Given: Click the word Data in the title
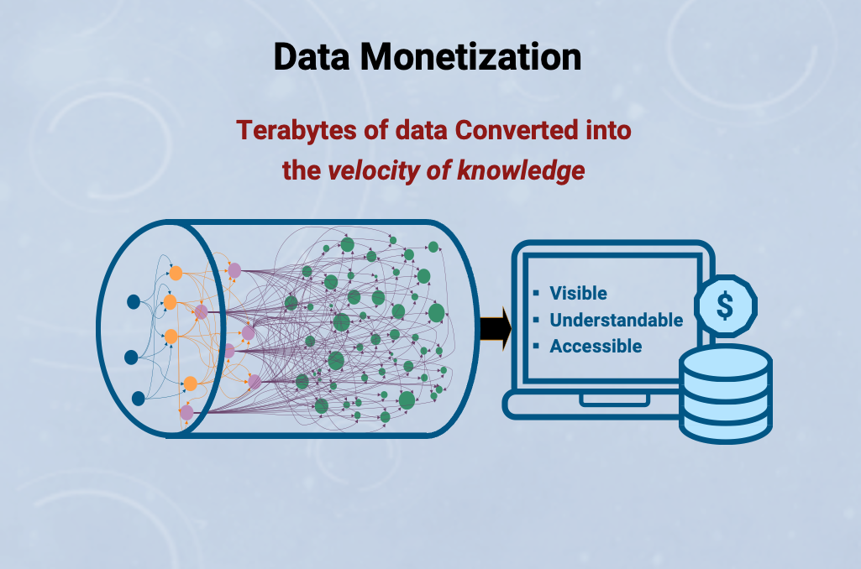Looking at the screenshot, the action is coord(312,57).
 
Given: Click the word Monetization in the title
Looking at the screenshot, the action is coord(470,57).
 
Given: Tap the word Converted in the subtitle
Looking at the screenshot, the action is coord(516,130).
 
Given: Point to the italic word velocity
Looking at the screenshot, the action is coord(374,170).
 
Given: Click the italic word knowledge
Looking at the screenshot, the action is coord(521,170).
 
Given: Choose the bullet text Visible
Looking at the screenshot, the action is coord(578,293).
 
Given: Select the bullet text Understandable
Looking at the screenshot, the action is coord(616,320).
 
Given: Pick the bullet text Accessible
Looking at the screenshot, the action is coord(596,347).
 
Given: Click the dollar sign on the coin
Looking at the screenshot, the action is coord(725,305).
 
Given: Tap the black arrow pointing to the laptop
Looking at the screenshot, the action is coord(496,329).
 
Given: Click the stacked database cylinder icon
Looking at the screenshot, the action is coord(726,394).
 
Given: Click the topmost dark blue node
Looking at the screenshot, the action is coord(134,302).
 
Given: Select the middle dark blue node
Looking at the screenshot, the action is coord(131,358).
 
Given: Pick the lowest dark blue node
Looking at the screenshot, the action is coord(139,399).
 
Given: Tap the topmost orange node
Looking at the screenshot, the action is coord(176,273).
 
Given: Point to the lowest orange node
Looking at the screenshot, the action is coord(190,384).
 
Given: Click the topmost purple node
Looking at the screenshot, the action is coord(234,270).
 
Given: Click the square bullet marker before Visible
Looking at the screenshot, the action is coord(537,293).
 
